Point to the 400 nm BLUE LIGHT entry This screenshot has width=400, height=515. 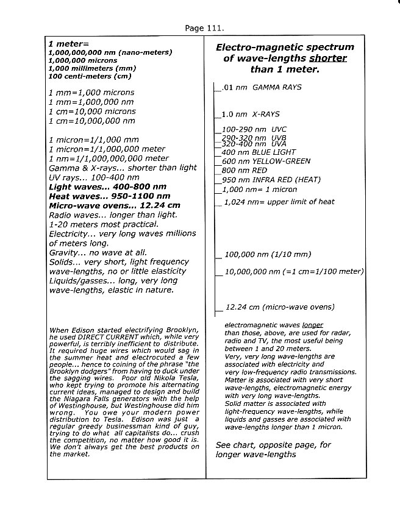tap(259, 152)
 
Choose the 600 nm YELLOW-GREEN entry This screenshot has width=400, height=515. tap(266, 162)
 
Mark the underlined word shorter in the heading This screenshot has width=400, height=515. tap(327, 59)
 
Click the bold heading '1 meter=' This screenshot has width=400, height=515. tap(68, 44)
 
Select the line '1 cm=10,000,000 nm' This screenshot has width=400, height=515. tap(91, 121)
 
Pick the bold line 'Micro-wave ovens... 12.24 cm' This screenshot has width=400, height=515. tap(114, 205)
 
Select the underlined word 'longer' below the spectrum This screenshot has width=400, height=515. tap(312, 325)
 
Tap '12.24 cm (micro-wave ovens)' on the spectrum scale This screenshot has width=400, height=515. tap(279, 307)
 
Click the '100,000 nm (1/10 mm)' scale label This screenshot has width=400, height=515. tap(268, 255)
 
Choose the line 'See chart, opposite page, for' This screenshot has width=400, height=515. tap(273, 445)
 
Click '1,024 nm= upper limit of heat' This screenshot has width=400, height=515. tap(279, 202)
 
